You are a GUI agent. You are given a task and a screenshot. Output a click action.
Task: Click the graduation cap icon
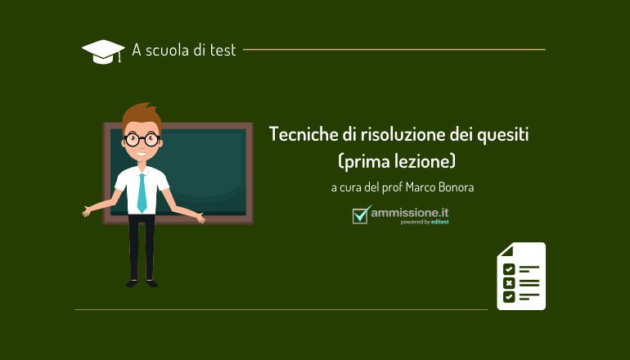pyautogui.click(x=102, y=52)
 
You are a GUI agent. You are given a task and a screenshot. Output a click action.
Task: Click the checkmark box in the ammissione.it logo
pyautogui.click(x=361, y=214)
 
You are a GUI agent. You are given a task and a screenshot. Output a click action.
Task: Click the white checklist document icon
pyautogui.click(x=520, y=276)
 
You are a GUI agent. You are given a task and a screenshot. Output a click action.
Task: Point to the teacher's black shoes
pyautogui.click(x=141, y=282)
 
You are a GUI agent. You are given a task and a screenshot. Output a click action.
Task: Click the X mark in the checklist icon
pyautogui.click(x=509, y=282)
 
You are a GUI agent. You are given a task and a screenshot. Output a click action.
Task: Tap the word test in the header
pyautogui.click(x=222, y=50)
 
